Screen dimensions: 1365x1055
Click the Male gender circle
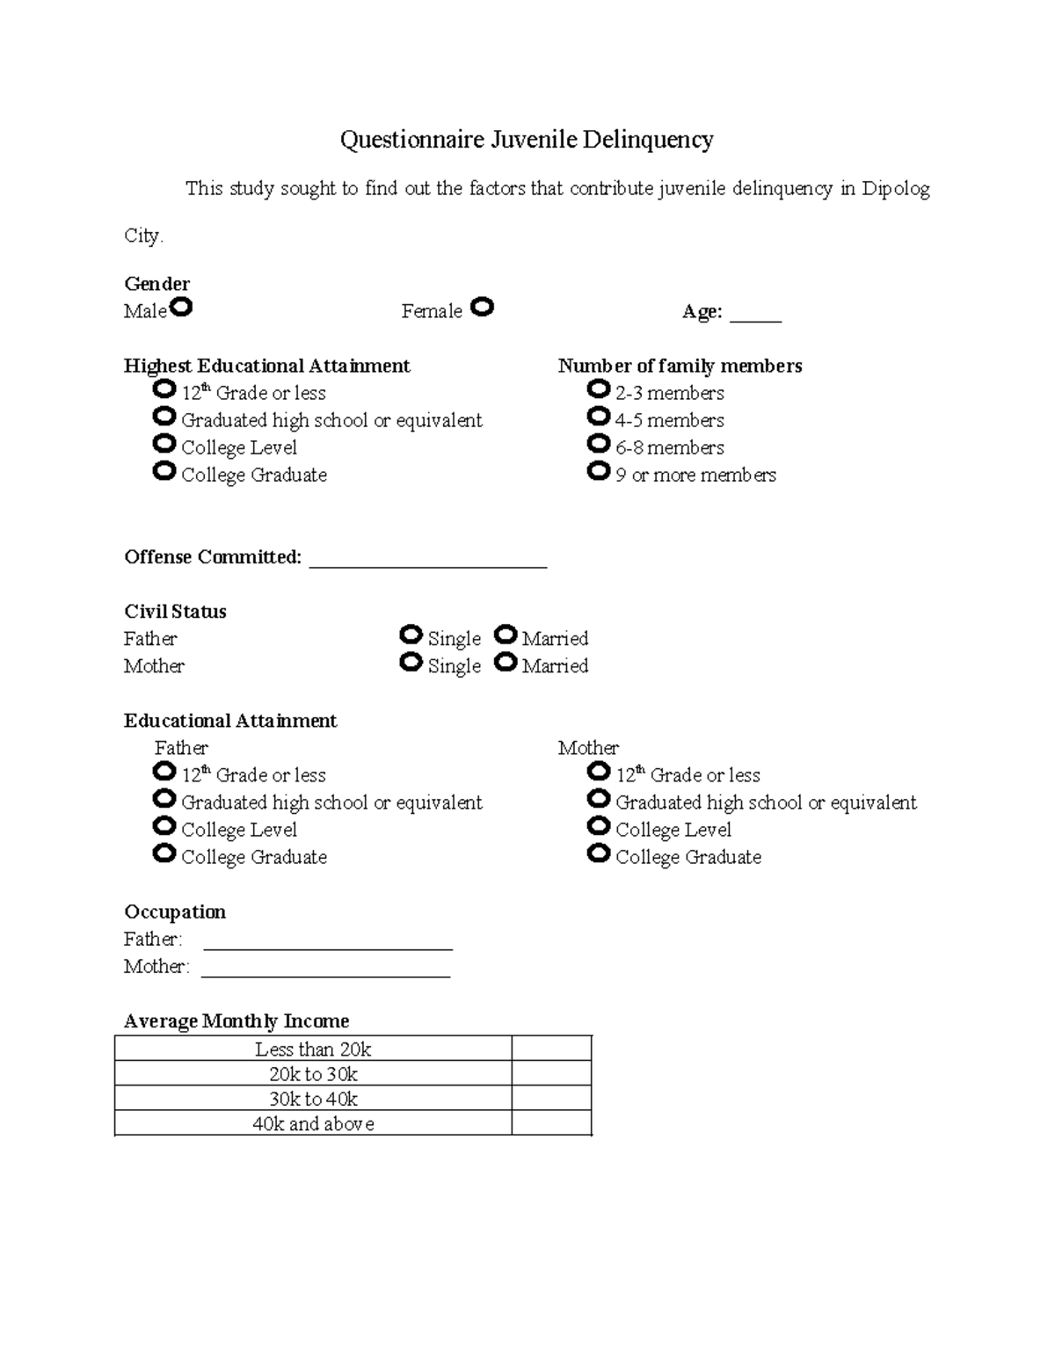pyautogui.click(x=181, y=308)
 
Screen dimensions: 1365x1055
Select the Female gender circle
pyautogui.click(x=482, y=307)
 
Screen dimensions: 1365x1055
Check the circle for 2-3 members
pyautogui.click(x=598, y=388)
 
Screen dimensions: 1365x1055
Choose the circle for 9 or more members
pyautogui.click(x=598, y=471)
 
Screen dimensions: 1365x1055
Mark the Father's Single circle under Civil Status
pyautogui.click(x=411, y=635)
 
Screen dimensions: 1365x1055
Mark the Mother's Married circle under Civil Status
pyautogui.click(x=505, y=662)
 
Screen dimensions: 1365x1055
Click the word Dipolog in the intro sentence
pyautogui.click(x=895, y=188)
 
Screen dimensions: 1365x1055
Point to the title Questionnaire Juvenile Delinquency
pyautogui.click(x=527, y=140)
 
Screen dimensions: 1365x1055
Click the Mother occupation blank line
pyautogui.click(x=325, y=973)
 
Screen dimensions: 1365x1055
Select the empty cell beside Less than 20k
pyautogui.click(x=551, y=1049)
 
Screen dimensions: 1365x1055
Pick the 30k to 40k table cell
pyautogui.click(x=313, y=1099)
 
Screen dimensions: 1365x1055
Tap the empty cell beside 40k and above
pyautogui.click(x=551, y=1123)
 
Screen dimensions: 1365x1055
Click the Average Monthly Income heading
pyautogui.click(x=236, y=1020)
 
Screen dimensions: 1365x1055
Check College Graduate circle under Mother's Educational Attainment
pyautogui.click(x=598, y=853)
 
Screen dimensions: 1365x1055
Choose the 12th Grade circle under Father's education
pyautogui.click(x=164, y=771)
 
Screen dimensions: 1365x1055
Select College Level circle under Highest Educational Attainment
pyautogui.click(x=164, y=443)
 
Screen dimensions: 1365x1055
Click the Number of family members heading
pyautogui.click(x=680, y=366)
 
